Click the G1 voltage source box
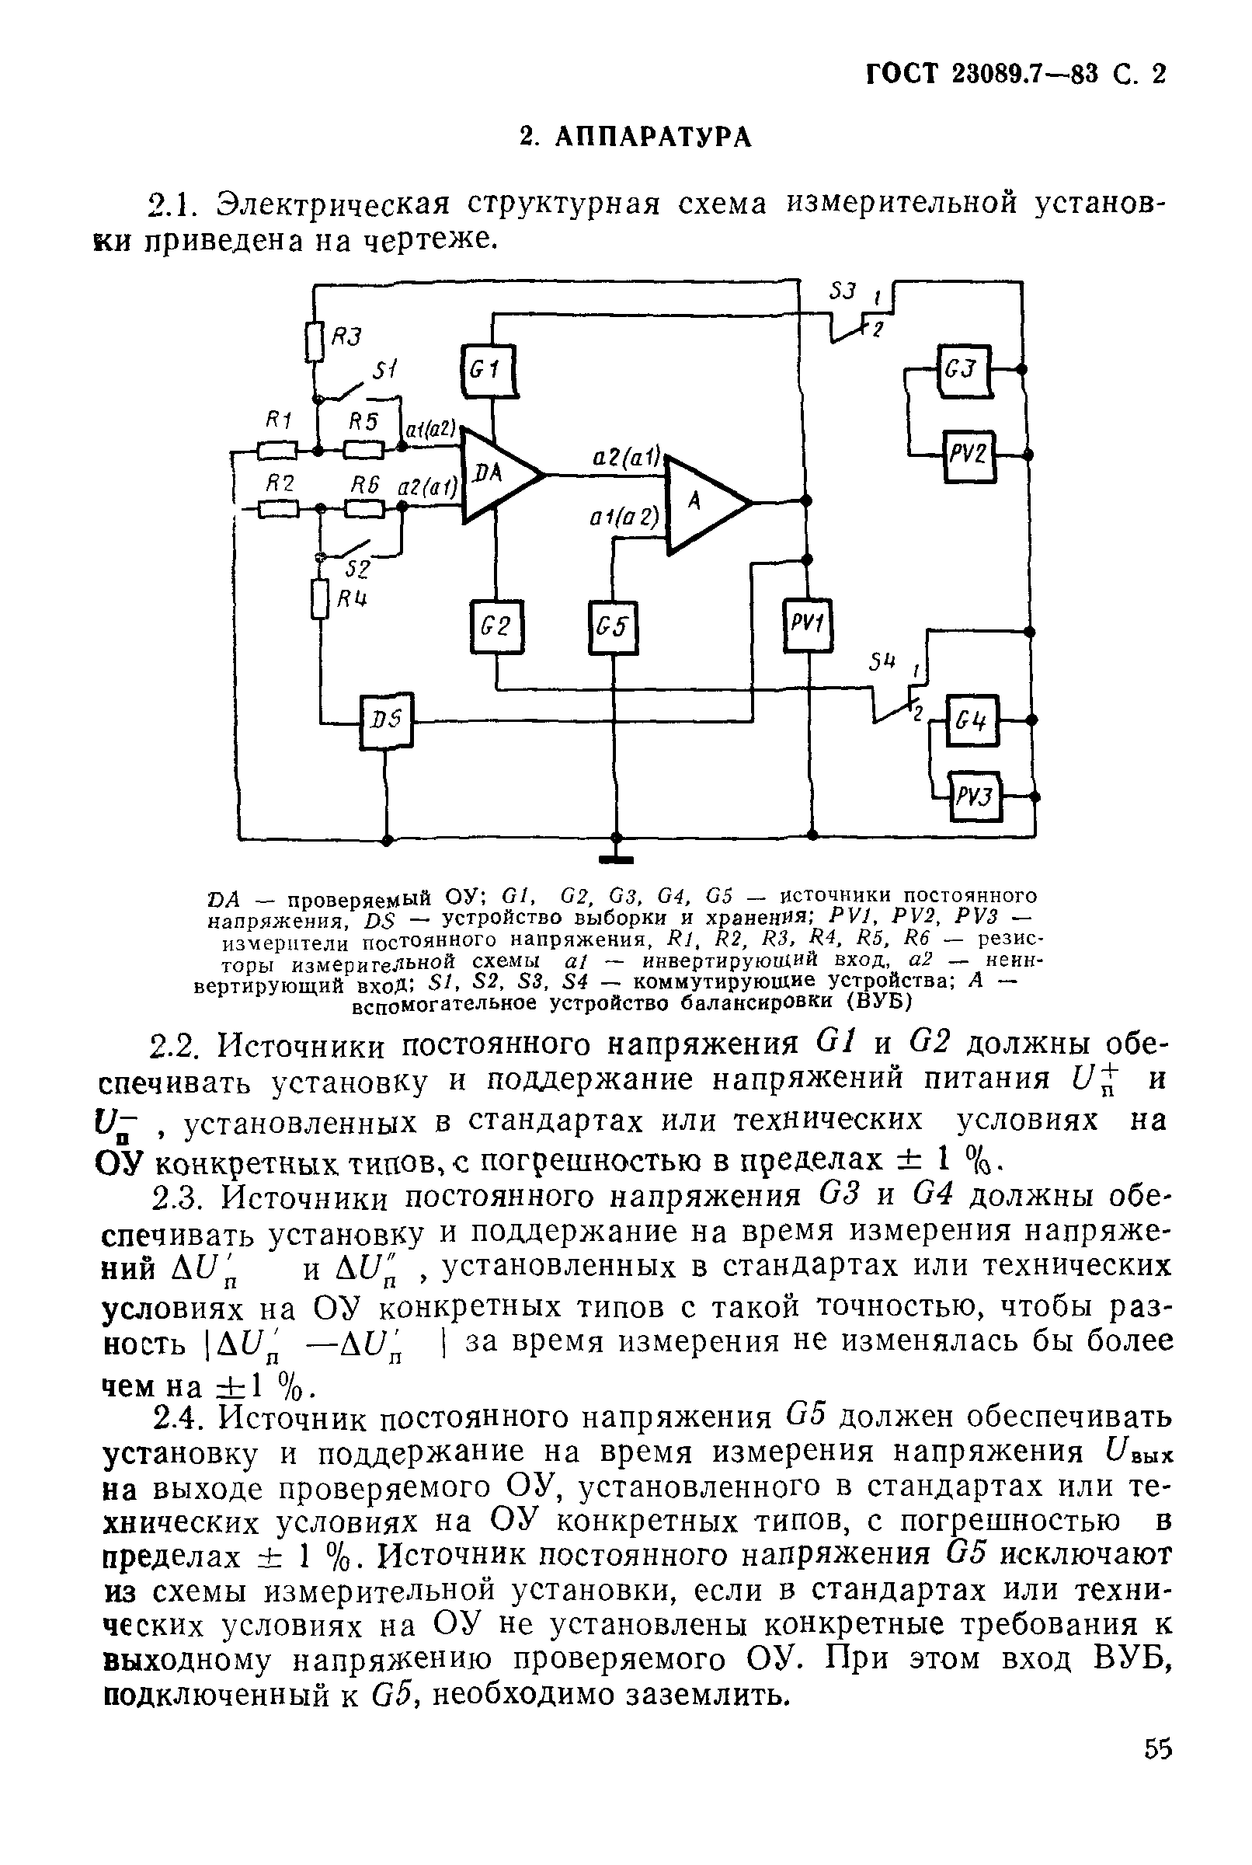pos(488,370)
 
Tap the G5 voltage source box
pos(614,628)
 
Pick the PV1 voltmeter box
pos(807,625)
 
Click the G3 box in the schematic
pos(964,371)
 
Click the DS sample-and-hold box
pos(386,721)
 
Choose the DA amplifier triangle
pos(496,476)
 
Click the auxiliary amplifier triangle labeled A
pos(703,504)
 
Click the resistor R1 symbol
pos(277,451)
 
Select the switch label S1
pos(385,370)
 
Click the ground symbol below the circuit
pos(616,859)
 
